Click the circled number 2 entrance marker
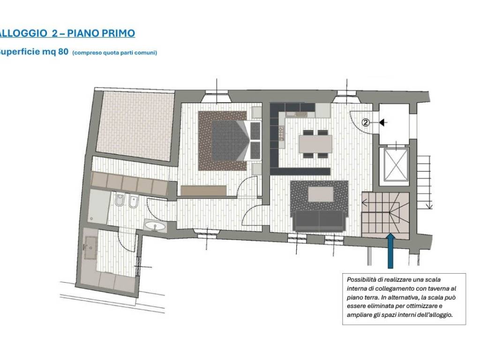click(366, 123)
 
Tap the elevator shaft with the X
click(397, 165)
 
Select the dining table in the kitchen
click(315, 144)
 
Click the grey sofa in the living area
click(319, 221)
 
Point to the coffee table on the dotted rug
click(321, 195)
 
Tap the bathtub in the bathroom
click(97, 207)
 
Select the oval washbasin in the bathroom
click(155, 226)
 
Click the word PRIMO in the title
click(118, 33)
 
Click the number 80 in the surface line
click(63, 52)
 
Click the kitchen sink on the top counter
click(300, 114)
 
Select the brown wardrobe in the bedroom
click(203, 190)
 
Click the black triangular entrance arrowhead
click(382, 123)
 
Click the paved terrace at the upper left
click(135, 126)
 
